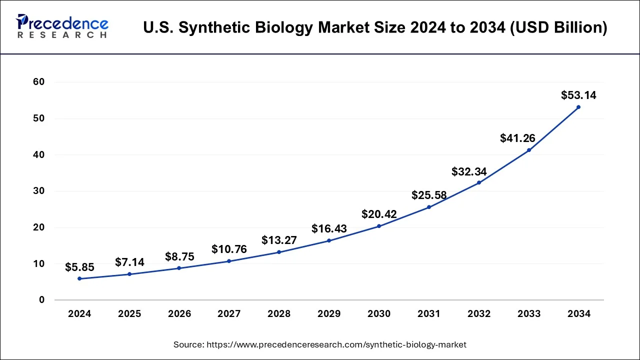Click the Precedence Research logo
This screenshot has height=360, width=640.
pyautogui.click(x=62, y=26)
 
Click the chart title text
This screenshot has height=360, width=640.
pyautogui.click(x=375, y=28)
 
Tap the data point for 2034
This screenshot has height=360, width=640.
pyautogui.click(x=578, y=107)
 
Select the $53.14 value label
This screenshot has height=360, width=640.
pyautogui.click(x=578, y=95)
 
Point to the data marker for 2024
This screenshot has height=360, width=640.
pyautogui.click(x=79, y=278)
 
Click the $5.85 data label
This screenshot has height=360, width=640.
pyautogui.click(x=79, y=267)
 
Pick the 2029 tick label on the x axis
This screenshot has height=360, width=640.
pyautogui.click(x=329, y=314)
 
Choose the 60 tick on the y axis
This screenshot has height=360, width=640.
pyautogui.click(x=39, y=82)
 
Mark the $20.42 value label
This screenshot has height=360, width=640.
pyautogui.click(x=379, y=214)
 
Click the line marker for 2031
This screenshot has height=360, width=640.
pyautogui.click(x=429, y=207)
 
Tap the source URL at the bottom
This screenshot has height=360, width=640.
pyautogui.click(x=320, y=344)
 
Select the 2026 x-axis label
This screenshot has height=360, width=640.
pyautogui.click(x=179, y=314)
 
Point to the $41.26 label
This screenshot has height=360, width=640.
pyautogui.click(x=517, y=138)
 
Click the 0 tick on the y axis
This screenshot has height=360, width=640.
pyautogui.click(x=42, y=300)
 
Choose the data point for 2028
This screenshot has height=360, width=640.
pyautogui.click(x=279, y=252)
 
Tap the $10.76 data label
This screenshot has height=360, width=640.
pyautogui.click(x=229, y=249)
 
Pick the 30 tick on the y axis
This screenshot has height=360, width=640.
pyautogui.click(x=39, y=191)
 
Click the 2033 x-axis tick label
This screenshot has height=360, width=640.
pyautogui.click(x=529, y=314)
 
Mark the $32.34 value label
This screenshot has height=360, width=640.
pyautogui.click(x=469, y=171)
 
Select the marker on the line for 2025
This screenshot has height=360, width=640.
pyautogui.click(x=129, y=274)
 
